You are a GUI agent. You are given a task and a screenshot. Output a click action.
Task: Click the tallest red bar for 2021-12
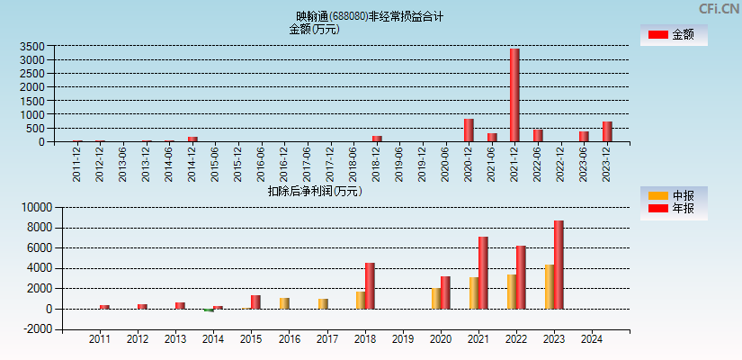pos(514,95)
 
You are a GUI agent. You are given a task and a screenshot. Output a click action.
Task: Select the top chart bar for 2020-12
pos(469,130)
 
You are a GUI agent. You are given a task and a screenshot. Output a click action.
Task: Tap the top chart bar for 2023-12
pos(607,131)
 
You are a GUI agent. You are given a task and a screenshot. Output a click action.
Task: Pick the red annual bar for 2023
pos(559,265)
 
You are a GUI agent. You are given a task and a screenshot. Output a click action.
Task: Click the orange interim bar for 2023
pos(549,286)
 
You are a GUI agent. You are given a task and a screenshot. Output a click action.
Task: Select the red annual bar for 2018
pos(370,285)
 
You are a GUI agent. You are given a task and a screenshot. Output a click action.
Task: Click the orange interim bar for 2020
pos(435,298)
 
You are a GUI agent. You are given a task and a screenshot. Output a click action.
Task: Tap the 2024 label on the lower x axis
pos(591,339)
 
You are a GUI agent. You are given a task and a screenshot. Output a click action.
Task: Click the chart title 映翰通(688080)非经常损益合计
pos(370,16)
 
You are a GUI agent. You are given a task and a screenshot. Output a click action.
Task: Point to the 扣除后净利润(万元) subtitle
pos(315,191)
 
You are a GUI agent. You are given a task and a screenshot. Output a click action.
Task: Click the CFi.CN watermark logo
pos(719,8)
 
